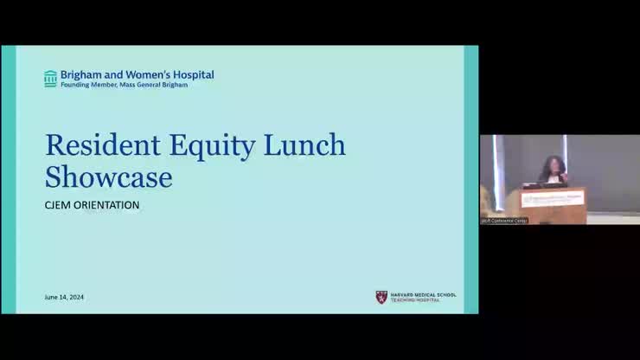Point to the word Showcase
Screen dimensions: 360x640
point(109,177)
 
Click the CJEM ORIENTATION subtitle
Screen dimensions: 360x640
point(92,205)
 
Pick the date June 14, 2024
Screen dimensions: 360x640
point(64,298)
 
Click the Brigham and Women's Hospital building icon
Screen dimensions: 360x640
point(51,79)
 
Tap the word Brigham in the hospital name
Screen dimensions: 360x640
point(80,75)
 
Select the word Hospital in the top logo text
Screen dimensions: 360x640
point(193,75)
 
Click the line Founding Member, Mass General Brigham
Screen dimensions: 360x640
point(124,85)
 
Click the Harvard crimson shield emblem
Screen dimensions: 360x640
point(381,297)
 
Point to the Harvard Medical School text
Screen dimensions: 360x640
point(423,294)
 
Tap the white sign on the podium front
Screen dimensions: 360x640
point(554,198)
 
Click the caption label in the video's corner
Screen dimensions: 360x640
point(504,221)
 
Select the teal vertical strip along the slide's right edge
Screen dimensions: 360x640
point(471,179)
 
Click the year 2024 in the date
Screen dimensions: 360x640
point(77,298)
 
